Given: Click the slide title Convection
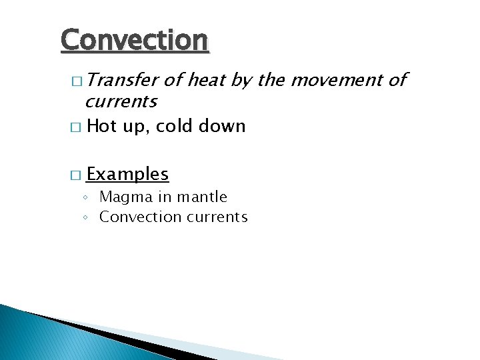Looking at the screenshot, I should click(x=135, y=40).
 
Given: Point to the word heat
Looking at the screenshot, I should click(x=207, y=81).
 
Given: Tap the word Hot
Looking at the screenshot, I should click(x=101, y=126).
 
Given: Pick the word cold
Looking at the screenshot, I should click(x=175, y=126).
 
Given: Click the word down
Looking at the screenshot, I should click(x=222, y=126).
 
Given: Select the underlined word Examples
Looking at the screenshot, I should click(x=127, y=175).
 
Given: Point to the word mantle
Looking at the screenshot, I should click(x=203, y=197).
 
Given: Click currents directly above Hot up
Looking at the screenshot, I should click(x=121, y=102).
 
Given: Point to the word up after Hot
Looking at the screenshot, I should click(x=136, y=127).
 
